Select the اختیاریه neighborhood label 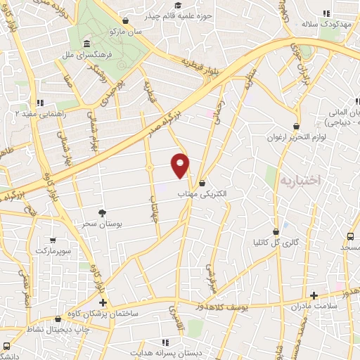click(300, 180)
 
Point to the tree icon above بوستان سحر click(103, 212)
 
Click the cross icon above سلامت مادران click(314, 295)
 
